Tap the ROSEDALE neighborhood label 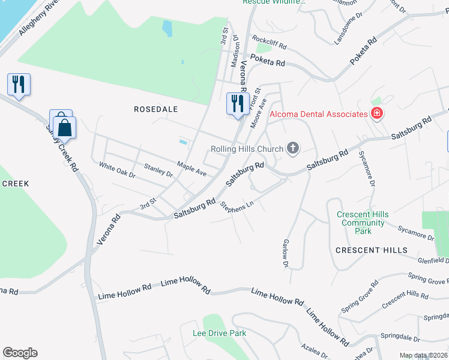pos(156,109)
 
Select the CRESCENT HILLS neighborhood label pos(371,250)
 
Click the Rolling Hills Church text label pos(246,149)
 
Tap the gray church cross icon pos(292,148)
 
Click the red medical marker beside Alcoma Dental pos(376,113)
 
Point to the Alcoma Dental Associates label pos(318,114)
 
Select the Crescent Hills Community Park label pos(363,223)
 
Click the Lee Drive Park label pos(219,333)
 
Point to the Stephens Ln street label pos(237,206)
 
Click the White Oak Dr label pos(118,170)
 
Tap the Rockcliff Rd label pos(269,41)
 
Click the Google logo pos(20,353)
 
